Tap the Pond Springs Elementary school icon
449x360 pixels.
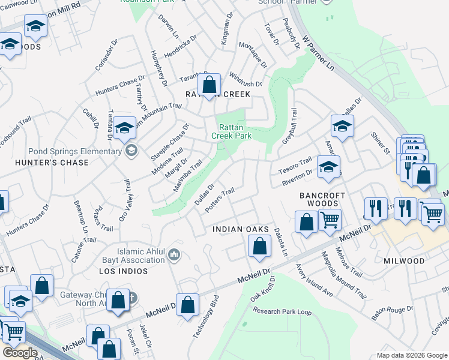click(x=131, y=151)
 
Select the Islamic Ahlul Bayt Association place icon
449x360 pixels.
click(x=174, y=256)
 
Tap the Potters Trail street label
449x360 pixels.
click(x=219, y=200)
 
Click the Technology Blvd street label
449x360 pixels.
click(x=205, y=317)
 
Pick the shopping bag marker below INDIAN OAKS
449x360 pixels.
click(x=259, y=245)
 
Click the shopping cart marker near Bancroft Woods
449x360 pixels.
click(x=330, y=220)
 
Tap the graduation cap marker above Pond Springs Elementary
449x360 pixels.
click(x=124, y=128)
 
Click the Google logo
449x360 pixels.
click(x=20, y=353)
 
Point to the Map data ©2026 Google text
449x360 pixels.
click(x=412, y=355)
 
